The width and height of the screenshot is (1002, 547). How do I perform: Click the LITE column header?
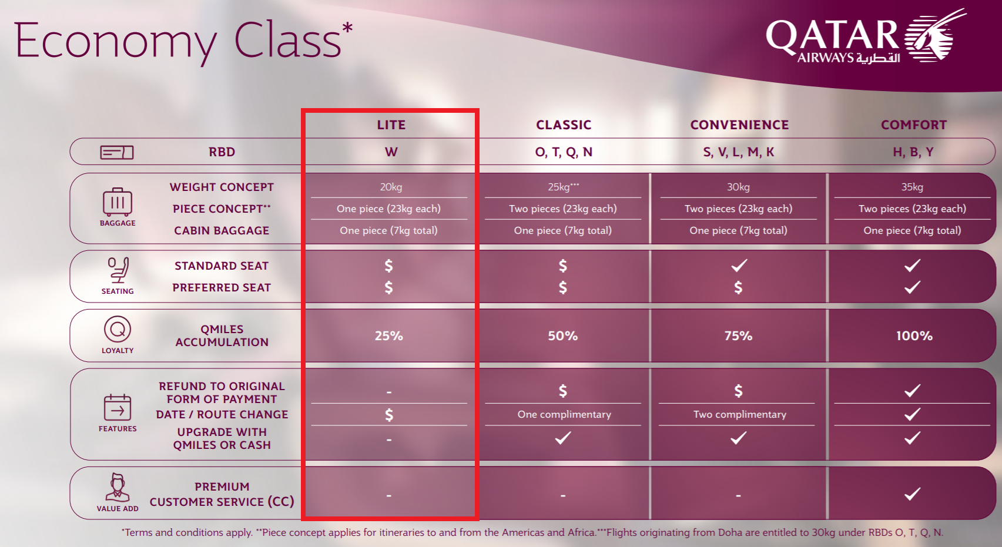click(391, 125)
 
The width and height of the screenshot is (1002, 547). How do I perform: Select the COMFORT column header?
click(913, 125)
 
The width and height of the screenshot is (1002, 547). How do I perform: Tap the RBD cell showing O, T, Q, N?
click(564, 152)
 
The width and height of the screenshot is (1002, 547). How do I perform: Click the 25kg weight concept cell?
click(563, 187)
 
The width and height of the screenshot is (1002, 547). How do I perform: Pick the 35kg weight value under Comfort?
click(912, 187)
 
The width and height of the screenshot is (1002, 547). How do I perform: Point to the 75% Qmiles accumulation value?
click(738, 336)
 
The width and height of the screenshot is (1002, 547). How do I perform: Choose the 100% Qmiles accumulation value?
click(914, 336)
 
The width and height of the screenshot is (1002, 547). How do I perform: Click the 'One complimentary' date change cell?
click(564, 415)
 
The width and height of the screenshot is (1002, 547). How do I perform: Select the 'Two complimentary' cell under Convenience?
click(739, 415)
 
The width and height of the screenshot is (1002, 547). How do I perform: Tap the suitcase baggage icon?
click(117, 202)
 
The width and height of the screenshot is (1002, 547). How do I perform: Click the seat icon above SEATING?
click(119, 270)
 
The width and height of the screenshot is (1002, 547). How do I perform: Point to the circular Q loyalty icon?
click(117, 330)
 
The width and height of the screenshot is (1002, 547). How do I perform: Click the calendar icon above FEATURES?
click(117, 407)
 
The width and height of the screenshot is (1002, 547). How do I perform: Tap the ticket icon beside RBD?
click(117, 153)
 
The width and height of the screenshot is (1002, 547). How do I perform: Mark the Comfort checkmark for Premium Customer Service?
click(912, 494)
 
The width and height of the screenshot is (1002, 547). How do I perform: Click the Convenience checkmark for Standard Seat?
click(739, 266)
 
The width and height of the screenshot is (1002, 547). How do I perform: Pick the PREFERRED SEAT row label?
click(222, 287)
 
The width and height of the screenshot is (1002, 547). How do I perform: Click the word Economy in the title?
click(115, 42)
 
